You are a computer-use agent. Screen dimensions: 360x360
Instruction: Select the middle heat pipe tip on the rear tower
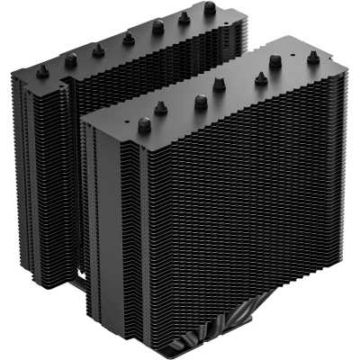[128, 38]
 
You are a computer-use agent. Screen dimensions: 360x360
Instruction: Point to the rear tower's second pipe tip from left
[70, 59]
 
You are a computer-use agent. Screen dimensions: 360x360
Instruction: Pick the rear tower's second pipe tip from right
[184, 18]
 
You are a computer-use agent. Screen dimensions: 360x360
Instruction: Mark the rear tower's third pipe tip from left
[100, 49]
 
